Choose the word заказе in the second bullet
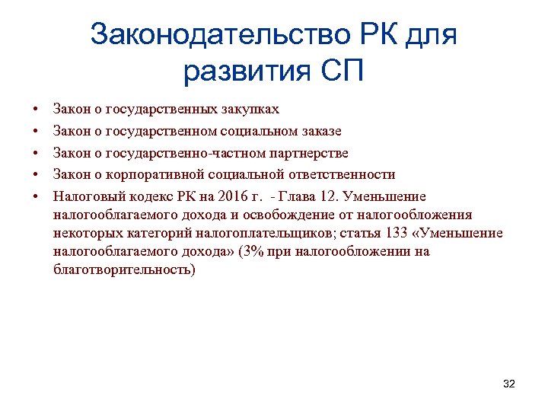pos(319,132)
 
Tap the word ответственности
pos(339,175)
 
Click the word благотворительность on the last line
pos(123,269)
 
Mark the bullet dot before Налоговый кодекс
pos(36,196)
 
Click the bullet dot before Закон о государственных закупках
pos(36,110)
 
